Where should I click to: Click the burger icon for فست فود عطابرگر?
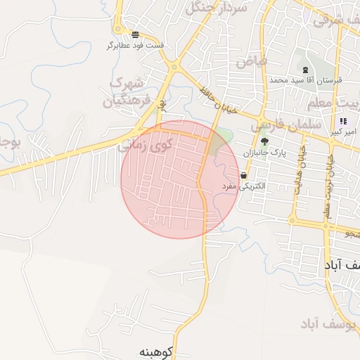point(134,34)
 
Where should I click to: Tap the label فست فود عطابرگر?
point(135,46)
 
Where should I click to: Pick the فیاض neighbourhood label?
point(251,62)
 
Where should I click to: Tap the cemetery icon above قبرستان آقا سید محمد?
point(305,70)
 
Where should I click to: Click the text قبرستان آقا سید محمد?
point(305,80)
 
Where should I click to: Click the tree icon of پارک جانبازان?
point(264,141)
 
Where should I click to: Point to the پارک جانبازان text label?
point(265,153)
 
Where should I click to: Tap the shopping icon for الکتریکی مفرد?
point(243,175)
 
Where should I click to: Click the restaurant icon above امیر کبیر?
point(342,122)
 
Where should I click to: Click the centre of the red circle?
point(180,179)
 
